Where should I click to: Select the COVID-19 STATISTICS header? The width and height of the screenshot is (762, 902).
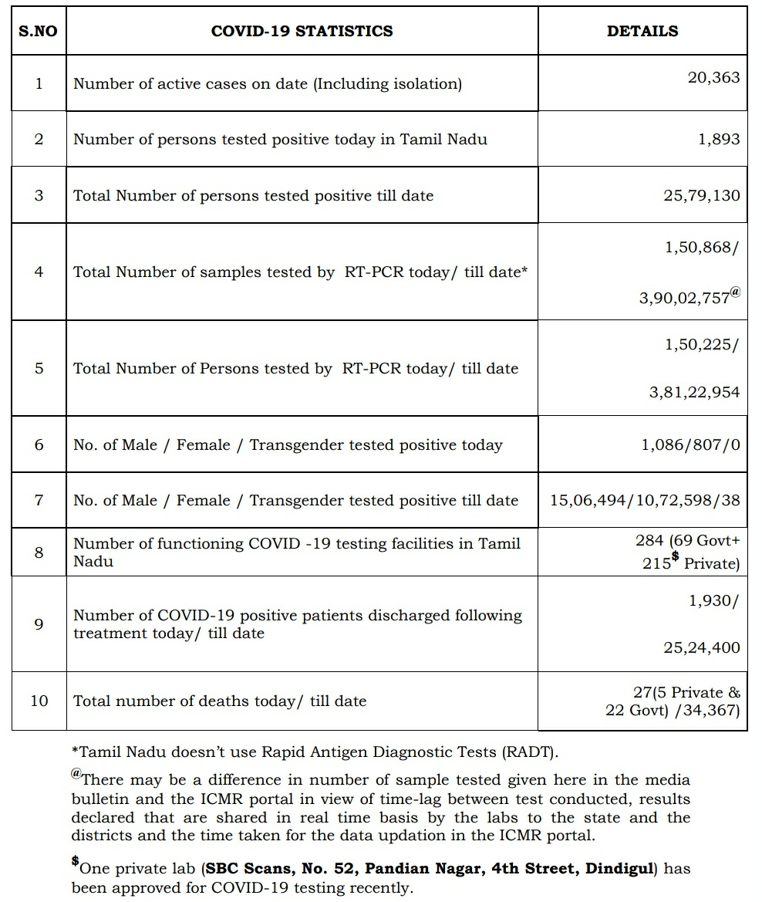(x=302, y=32)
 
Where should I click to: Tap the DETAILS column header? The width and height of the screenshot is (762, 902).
(x=642, y=32)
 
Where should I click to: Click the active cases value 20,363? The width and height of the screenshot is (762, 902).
(x=713, y=77)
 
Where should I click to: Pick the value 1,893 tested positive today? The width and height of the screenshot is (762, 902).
(x=719, y=140)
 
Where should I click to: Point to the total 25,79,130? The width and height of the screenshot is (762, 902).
(x=701, y=195)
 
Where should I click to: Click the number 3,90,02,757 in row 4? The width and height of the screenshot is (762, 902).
(x=684, y=298)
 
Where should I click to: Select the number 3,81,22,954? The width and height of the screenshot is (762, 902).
(x=694, y=393)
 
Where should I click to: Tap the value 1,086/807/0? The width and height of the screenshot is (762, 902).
(x=690, y=445)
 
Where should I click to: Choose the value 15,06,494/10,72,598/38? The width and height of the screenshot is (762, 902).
(x=645, y=500)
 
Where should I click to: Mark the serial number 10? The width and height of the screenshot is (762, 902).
(x=39, y=701)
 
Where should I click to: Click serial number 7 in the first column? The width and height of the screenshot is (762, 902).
(x=39, y=500)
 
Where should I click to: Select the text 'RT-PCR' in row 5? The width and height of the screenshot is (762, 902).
(x=371, y=369)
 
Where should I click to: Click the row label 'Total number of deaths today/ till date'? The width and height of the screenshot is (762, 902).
(x=220, y=701)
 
